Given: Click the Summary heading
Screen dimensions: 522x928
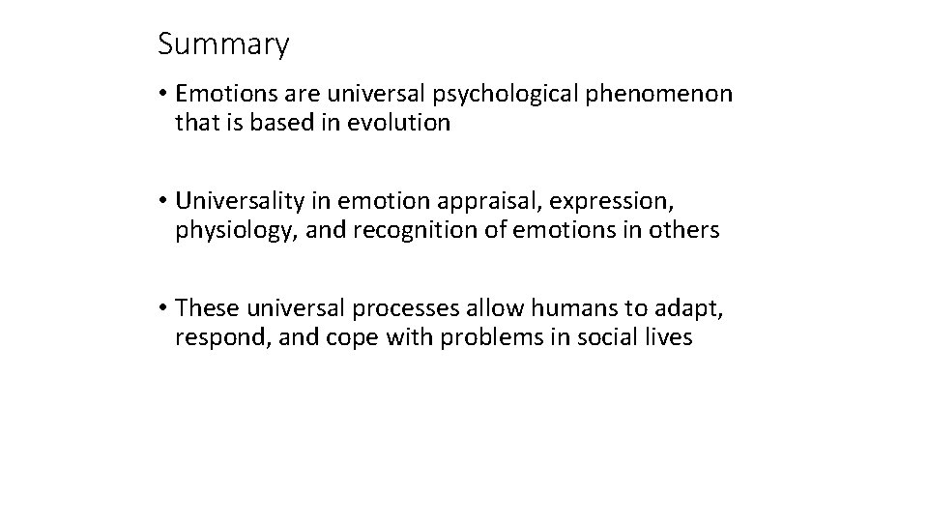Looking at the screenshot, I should [222, 44].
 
